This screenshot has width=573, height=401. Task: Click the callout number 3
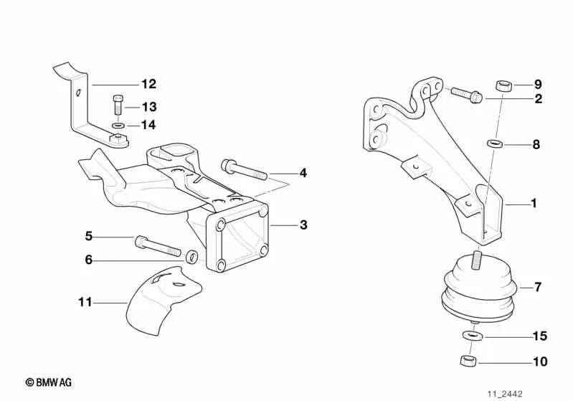(x=303, y=225)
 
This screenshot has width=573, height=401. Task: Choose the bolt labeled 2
(x=466, y=94)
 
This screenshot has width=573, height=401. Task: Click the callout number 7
(x=537, y=288)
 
